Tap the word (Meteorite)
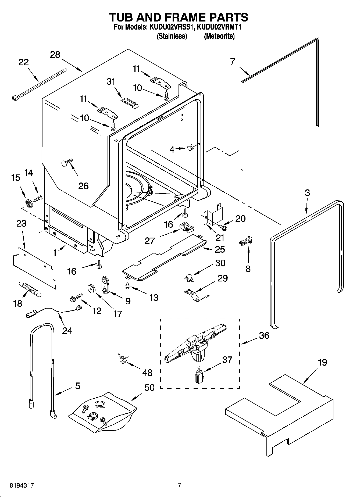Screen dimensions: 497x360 [219, 36]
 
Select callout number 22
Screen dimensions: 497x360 [24, 62]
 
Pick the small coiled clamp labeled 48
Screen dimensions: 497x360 [123, 359]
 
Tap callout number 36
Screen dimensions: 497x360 [264, 335]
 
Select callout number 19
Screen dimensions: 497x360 [322, 362]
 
